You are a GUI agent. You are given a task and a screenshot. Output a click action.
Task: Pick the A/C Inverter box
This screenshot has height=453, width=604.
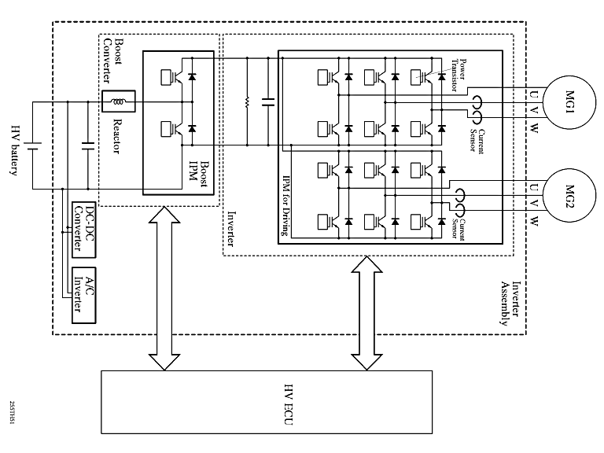click(83, 295)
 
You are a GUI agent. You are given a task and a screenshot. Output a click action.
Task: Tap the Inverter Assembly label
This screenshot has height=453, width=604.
click(510, 303)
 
